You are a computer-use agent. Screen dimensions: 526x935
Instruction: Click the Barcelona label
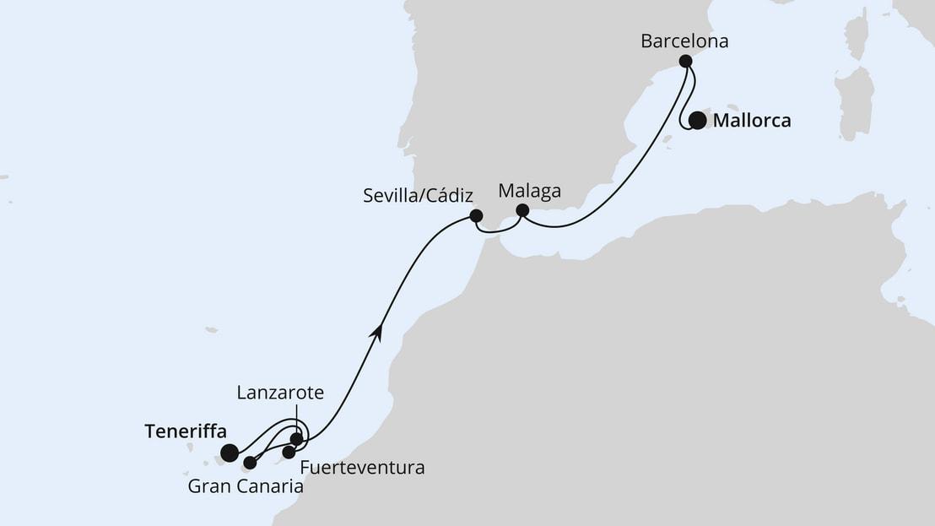(x=684, y=40)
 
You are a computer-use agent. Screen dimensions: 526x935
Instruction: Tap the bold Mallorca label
(x=752, y=121)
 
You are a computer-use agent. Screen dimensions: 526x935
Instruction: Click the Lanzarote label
(x=280, y=393)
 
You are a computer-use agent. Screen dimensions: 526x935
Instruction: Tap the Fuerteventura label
(x=362, y=467)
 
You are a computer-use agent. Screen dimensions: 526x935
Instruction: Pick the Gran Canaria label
(x=246, y=486)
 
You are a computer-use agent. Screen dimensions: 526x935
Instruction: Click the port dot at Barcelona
(x=686, y=61)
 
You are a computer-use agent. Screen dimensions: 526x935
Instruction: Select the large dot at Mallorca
(x=697, y=121)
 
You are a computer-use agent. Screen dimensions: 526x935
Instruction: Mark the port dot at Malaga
(x=522, y=210)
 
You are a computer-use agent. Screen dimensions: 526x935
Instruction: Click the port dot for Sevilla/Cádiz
(x=476, y=215)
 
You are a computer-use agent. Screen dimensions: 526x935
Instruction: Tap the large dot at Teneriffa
(x=229, y=453)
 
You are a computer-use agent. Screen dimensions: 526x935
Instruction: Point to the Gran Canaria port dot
(x=250, y=463)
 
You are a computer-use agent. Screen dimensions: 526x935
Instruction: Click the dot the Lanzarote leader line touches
(x=296, y=439)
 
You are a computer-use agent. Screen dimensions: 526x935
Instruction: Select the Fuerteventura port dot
(x=289, y=453)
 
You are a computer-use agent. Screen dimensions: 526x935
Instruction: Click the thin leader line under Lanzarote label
(x=296, y=419)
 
